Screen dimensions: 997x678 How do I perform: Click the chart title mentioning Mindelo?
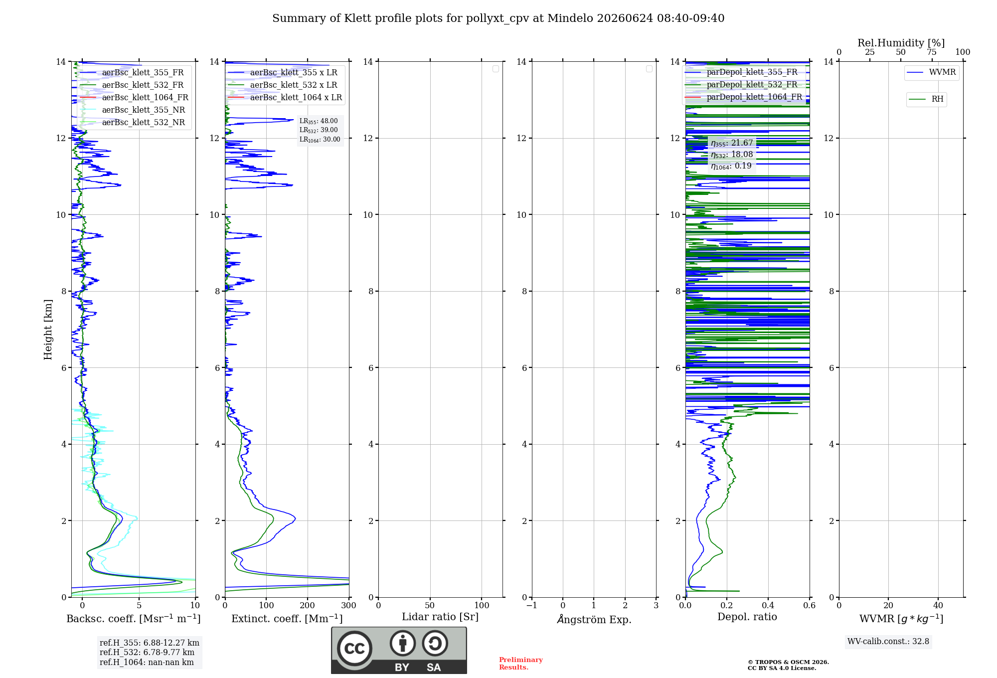coord(498,18)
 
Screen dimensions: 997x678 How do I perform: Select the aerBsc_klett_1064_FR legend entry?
coord(134,97)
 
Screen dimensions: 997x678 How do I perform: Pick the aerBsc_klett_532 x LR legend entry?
coord(283,85)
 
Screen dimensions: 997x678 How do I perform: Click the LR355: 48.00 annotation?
coord(319,121)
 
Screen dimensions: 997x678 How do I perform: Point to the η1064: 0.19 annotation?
coord(731,166)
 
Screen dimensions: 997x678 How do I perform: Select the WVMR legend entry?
coord(931,72)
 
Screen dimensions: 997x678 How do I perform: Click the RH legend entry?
coord(926,99)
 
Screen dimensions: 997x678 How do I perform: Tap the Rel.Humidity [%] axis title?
coord(901,43)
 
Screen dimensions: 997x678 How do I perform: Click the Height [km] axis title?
coord(48,330)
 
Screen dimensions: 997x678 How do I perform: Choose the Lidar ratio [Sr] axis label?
coord(440,617)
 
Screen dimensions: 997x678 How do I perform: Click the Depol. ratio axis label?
coord(747,617)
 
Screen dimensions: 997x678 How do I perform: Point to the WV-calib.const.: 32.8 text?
coord(888,642)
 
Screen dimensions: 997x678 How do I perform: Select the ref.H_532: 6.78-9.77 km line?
coord(147,653)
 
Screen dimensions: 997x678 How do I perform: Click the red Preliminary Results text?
coord(521,664)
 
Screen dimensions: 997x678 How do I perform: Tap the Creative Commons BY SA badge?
coord(399,650)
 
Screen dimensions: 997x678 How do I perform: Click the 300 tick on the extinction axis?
coord(348,606)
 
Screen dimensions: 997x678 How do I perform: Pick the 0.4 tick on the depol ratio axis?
coord(768,606)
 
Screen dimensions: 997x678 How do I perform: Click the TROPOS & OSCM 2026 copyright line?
coord(788,663)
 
